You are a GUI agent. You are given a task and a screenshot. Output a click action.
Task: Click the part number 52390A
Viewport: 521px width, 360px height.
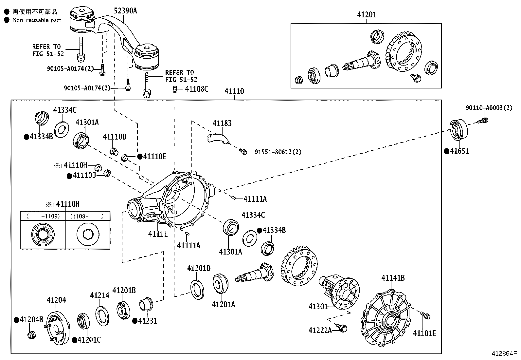(x=125, y=11)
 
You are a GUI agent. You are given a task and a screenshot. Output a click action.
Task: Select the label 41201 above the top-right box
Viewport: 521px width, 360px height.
(x=366, y=15)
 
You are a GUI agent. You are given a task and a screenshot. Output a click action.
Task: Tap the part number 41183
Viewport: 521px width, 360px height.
(x=222, y=123)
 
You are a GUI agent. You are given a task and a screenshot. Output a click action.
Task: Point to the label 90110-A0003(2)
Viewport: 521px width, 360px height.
(x=489, y=108)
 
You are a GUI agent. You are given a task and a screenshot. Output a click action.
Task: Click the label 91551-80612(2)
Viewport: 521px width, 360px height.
(x=278, y=152)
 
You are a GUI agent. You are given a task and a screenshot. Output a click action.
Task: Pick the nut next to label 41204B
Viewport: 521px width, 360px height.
(x=31, y=335)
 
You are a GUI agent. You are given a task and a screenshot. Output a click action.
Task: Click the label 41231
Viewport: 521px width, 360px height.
(x=147, y=321)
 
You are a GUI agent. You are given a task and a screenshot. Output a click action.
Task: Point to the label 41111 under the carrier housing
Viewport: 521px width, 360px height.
(x=158, y=234)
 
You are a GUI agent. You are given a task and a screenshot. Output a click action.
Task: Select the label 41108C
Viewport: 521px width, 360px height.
(x=196, y=89)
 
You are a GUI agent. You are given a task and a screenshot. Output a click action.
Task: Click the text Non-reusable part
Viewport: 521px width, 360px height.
(x=37, y=20)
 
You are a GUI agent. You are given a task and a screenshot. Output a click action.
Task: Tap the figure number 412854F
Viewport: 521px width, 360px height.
(x=504, y=354)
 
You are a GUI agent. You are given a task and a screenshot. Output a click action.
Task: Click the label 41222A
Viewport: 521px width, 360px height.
(x=320, y=331)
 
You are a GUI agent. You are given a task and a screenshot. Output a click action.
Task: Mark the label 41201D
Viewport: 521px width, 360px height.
(x=199, y=268)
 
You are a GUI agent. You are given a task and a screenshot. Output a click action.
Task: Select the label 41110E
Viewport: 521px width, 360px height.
(x=154, y=157)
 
